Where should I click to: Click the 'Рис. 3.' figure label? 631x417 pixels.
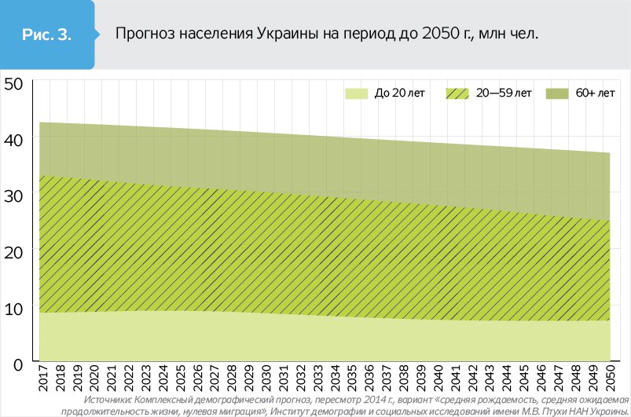tap(48, 35)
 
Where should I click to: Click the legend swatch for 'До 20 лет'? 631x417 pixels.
tap(357, 93)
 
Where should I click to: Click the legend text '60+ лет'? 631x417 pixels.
tap(595, 93)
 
